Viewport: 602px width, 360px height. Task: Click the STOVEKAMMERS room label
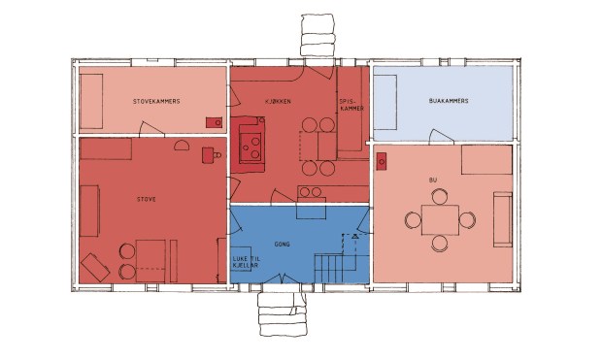[156, 102]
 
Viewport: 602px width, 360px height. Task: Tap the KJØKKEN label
[278, 102]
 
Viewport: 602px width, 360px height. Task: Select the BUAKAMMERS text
[449, 101]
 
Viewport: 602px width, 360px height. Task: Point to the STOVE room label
[147, 200]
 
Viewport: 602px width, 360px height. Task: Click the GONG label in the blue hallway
[283, 245]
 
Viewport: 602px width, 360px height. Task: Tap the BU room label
[433, 180]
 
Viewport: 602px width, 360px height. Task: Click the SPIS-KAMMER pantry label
[351, 105]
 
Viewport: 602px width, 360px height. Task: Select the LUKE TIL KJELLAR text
[246, 262]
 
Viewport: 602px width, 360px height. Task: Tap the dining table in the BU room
[440, 220]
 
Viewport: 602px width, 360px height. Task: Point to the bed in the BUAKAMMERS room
[385, 102]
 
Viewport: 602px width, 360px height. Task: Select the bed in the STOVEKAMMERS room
[91, 101]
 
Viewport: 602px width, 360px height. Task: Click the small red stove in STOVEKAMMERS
[214, 122]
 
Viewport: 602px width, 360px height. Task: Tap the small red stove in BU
[382, 162]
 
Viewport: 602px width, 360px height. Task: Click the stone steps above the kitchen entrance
[318, 35]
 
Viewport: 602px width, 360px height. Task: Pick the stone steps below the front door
[283, 314]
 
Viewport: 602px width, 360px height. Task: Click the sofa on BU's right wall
[503, 219]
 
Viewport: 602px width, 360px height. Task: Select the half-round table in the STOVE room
[182, 146]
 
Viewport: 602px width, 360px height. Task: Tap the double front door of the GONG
[283, 279]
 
